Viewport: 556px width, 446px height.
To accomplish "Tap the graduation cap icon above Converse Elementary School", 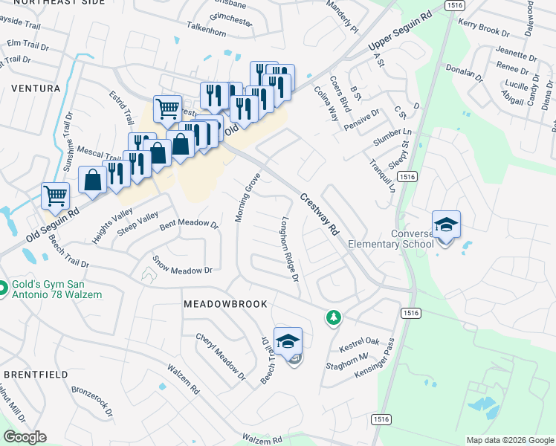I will tap(446, 224).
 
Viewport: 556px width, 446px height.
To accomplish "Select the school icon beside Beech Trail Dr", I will tap(288, 341).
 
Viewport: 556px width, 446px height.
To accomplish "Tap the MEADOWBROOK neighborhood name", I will tap(225, 305).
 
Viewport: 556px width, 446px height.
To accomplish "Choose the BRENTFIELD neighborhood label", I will tap(35, 374).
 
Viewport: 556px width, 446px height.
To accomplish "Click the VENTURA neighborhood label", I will tap(36, 88).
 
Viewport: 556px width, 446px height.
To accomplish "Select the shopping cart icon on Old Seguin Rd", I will tap(56, 196).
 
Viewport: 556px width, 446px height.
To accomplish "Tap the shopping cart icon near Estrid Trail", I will tap(167, 109).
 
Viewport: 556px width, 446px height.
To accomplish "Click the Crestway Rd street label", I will tap(320, 214).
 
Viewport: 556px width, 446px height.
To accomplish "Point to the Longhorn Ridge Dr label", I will tap(288, 249).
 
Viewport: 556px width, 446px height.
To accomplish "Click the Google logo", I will tap(25, 437).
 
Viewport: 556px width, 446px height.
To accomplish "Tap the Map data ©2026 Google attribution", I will tap(509, 440).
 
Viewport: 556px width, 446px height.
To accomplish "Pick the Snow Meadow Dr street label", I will tap(183, 265).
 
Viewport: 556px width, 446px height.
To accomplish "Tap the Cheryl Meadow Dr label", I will tap(220, 358).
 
